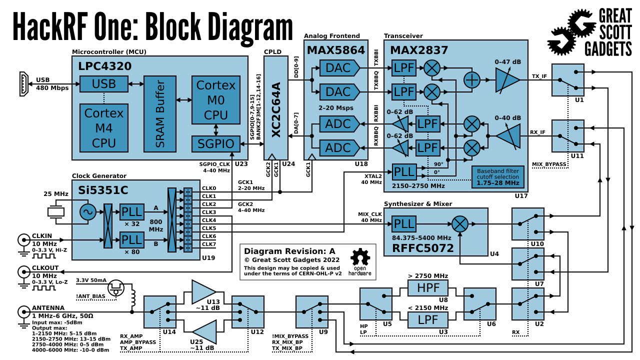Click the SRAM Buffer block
tap(160, 114)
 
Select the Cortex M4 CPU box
tap(104, 127)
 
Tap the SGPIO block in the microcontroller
tap(215, 144)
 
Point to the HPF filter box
tap(427, 288)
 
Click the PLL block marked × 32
tap(131, 212)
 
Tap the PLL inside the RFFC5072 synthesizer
tap(403, 223)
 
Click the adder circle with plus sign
tap(472, 80)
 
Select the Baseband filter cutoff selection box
tap(498, 176)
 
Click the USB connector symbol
tap(23, 83)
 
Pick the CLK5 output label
tap(208, 228)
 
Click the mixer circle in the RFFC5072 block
tap(460, 223)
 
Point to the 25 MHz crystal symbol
tap(56, 212)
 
